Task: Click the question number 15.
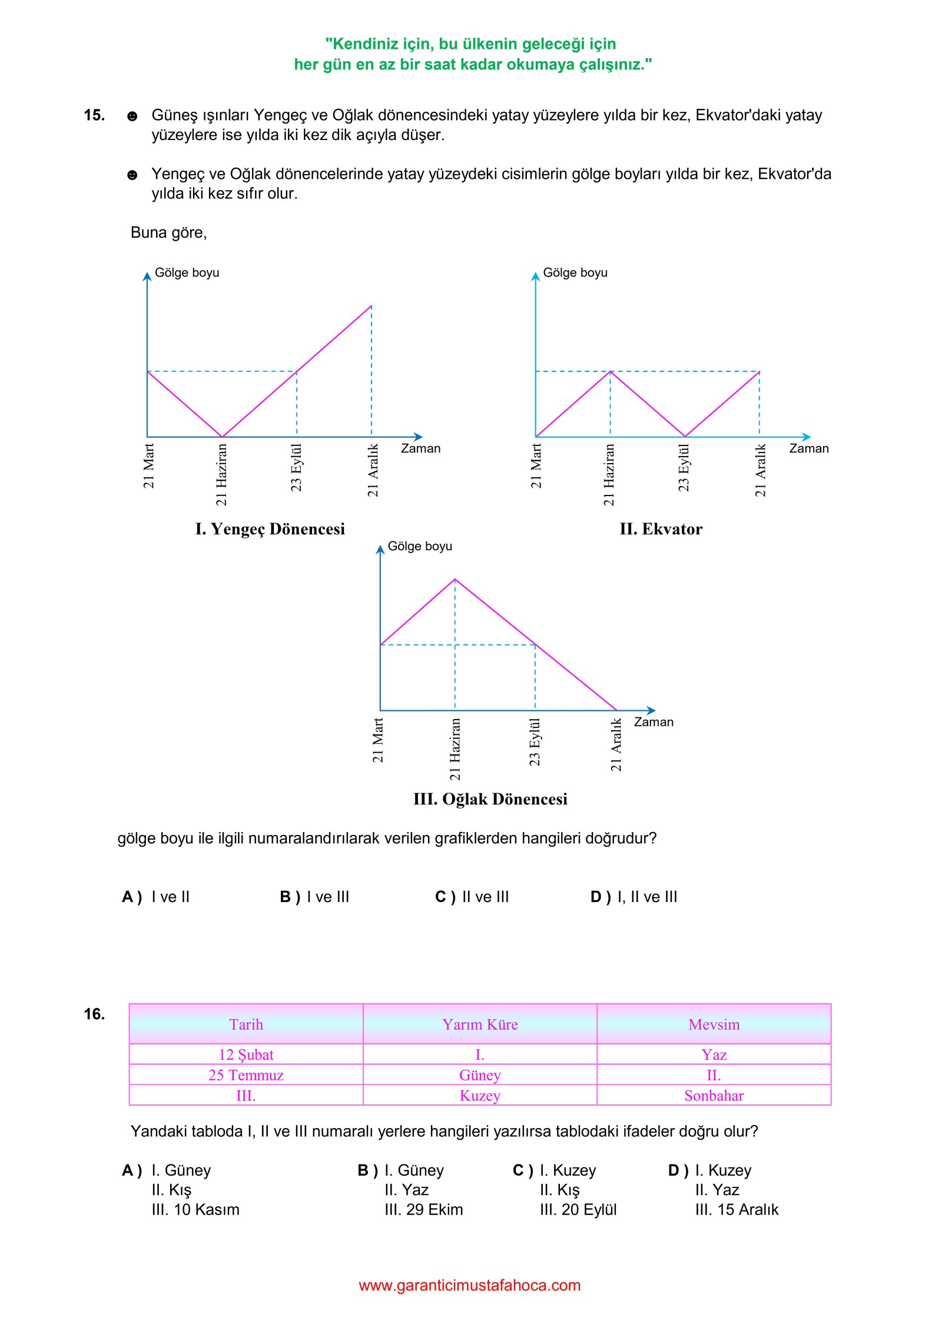[94, 115]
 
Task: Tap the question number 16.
[94, 1014]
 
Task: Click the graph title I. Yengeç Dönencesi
[270, 529]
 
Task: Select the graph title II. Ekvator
[661, 529]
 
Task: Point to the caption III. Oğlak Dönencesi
[490, 799]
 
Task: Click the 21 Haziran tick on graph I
[221, 474]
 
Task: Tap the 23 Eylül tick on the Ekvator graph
[684, 468]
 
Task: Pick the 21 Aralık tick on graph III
[616, 744]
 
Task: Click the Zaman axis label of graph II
[808, 448]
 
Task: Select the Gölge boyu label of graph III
[420, 546]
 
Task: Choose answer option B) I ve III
[314, 897]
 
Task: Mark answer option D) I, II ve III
[634, 897]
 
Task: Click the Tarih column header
[246, 1024]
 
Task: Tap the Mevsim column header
[714, 1024]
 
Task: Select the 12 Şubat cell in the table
[246, 1054]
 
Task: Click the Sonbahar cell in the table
[714, 1096]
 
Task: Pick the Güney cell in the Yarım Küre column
[480, 1075]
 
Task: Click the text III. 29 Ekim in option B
[423, 1209]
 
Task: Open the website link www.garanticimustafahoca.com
[470, 1285]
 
